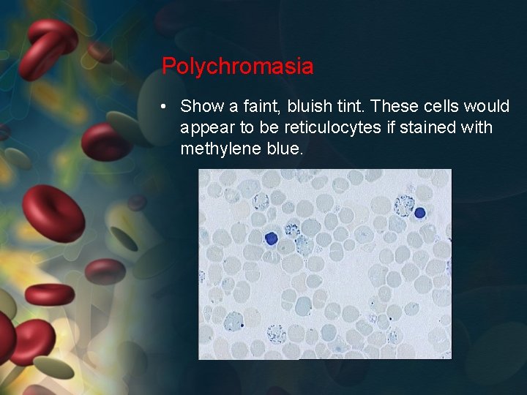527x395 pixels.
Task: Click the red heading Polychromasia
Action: tap(237, 67)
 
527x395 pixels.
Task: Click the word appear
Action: tap(206, 128)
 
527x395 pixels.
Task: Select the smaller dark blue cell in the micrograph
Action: tap(420, 213)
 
